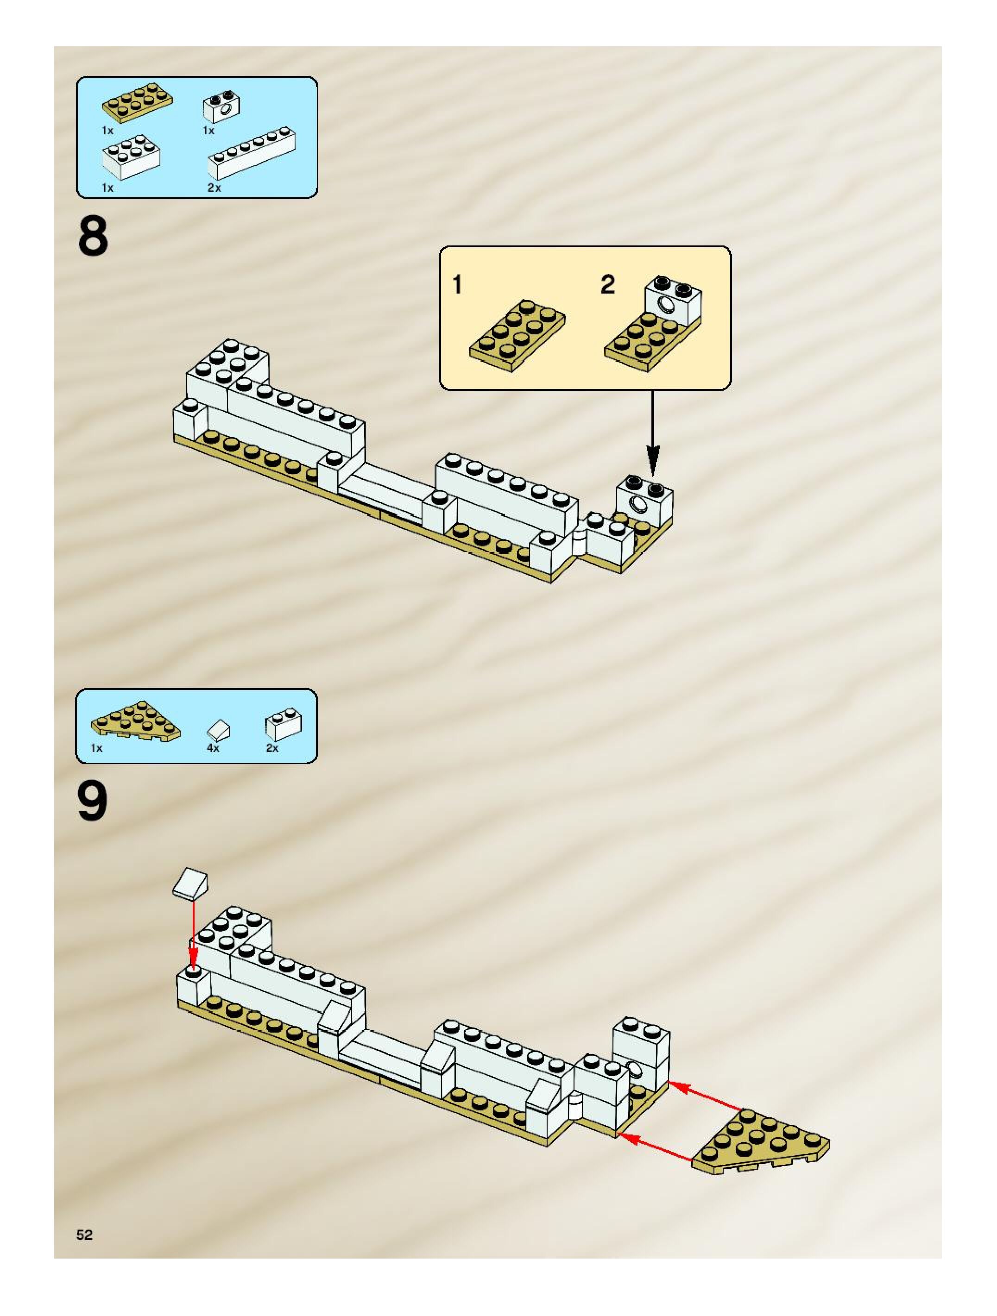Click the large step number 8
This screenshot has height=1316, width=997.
(x=93, y=236)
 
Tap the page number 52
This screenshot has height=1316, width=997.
(x=84, y=1234)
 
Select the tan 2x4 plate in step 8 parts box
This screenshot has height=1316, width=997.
(x=138, y=102)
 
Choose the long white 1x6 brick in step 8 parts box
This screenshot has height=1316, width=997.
(x=251, y=153)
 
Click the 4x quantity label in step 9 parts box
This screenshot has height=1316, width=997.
(x=213, y=748)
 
